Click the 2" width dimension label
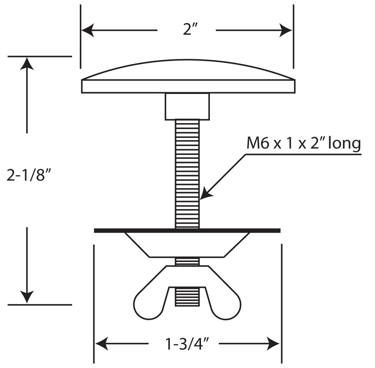coord(190,30)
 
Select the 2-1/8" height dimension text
coord(29,175)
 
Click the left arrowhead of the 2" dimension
coord(88,30)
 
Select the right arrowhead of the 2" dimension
coord(286,30)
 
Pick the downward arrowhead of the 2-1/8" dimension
coord(27,297)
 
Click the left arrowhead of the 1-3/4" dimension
coord(102,344)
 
